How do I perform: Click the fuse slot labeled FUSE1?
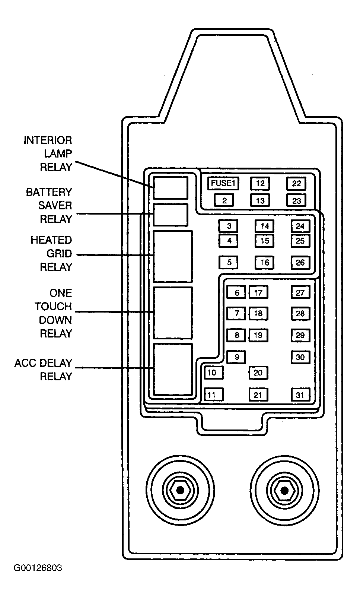(x=223, y=183)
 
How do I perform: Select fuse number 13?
(x=260, y=200)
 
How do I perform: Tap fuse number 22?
(x=296, y=183)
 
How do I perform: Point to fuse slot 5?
(x=228, y=262)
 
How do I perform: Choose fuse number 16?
(x=264, y=262)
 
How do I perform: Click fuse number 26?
(x=300, y=262)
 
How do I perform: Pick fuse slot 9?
(x=236, y=357)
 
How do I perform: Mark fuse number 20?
(x=258, y=373)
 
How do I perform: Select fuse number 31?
(x=300, y=395)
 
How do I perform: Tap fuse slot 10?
(x=214, y=373)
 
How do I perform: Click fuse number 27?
(x=300, y=292)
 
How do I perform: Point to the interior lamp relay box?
(x=171, y=188)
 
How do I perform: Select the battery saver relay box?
(x=171, y=215)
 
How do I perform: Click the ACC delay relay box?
(x=173, y=369)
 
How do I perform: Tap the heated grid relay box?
(x=173, y=256)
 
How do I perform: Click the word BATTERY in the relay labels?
(x=49, y=192)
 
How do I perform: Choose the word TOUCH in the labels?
(x=53, y=307)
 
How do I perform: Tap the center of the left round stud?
(x=181, y=491)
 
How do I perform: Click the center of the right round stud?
(x=285, y=491)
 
